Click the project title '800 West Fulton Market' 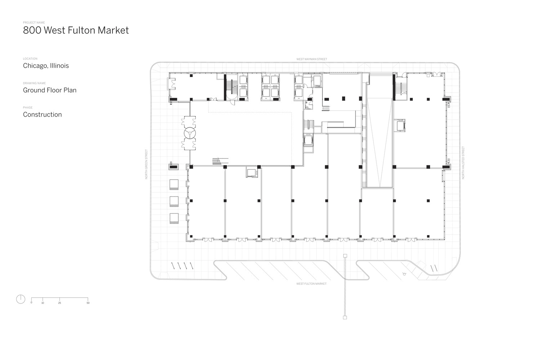coord(76,30)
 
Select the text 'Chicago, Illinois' coord(46,66)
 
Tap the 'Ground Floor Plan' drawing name coord(50,90)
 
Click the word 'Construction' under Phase coord(42,114)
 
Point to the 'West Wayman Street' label coord(312,59)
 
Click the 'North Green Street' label coord(147,164)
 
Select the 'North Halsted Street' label coord(463,163)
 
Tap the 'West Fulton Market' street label coord(311,284)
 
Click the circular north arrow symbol coord(21,299)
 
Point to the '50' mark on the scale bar coord(88,303)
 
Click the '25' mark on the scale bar coord(59,303)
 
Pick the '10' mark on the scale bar coord(43,303)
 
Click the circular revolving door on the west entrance coord(190,134)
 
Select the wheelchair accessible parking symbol coord(404,274)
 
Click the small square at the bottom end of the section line coord(345,318)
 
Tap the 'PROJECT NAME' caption coord(34,23)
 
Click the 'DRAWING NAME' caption coord(34,83)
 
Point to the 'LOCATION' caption coord(30,59)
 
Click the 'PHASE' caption coord(28,108)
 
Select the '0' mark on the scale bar coord(31,303)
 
